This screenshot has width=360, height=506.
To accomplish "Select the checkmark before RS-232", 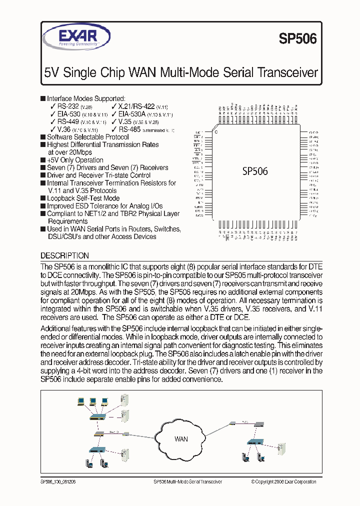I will point(53,106).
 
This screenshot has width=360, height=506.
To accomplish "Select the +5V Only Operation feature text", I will point(75,160).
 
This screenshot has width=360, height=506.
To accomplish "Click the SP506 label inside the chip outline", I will point(255,171).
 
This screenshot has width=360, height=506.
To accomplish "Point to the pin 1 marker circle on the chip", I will point(216,132).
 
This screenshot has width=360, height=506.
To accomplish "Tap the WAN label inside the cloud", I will point(181,439).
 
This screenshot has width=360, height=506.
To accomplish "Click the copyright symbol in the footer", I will point(253,482).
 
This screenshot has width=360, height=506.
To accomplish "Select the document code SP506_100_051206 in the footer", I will point(58,482).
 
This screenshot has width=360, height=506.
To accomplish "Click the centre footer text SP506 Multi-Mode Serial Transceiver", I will point(187,482).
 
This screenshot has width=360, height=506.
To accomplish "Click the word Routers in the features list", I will point(141,229).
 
